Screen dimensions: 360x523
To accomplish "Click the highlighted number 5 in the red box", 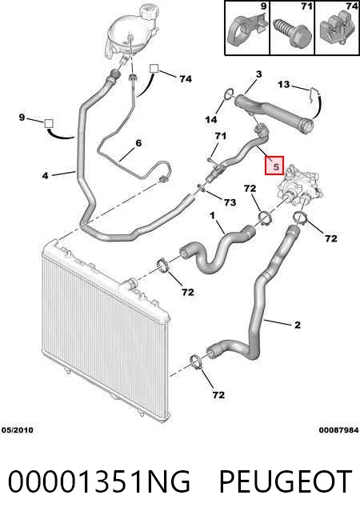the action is [x=275, y=166].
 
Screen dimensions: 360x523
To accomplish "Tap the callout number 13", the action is [x=283, y=84].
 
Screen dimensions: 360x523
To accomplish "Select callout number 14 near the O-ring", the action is [x=211, y=119].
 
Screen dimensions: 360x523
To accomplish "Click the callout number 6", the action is [x=138, y=143].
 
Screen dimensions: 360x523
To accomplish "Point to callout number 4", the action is [x=46, y=175].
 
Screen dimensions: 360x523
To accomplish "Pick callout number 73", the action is [x=230, y=202].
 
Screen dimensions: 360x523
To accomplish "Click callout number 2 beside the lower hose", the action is [x=298, y=325].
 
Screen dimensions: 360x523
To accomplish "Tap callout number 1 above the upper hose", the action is [x=213, y=216].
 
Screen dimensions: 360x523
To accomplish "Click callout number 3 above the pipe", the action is [x=259, y=74].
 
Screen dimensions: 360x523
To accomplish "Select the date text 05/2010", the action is [x=18, y=430].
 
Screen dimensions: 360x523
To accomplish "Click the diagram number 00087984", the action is [x=338, y=430].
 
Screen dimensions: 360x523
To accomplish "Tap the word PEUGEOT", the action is [x=286, y=481].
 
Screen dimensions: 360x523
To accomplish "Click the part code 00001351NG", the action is [x=98, y=481].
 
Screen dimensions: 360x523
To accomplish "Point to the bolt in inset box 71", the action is [x=292, y=32].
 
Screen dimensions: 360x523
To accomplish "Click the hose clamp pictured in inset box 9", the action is [x=247, y=28].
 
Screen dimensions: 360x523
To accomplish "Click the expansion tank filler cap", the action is [x=147, y=11].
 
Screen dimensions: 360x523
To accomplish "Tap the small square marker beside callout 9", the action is [x=49, y=123].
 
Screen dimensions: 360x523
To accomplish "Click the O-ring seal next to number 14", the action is [x=229, y=94].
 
